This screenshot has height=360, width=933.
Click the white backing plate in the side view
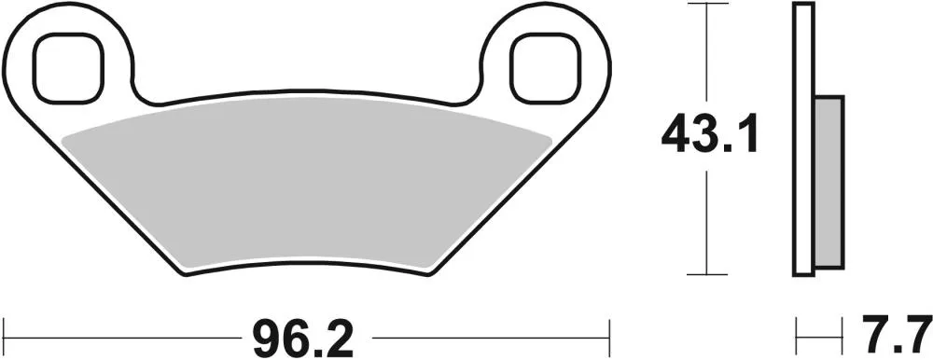(803, 140)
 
